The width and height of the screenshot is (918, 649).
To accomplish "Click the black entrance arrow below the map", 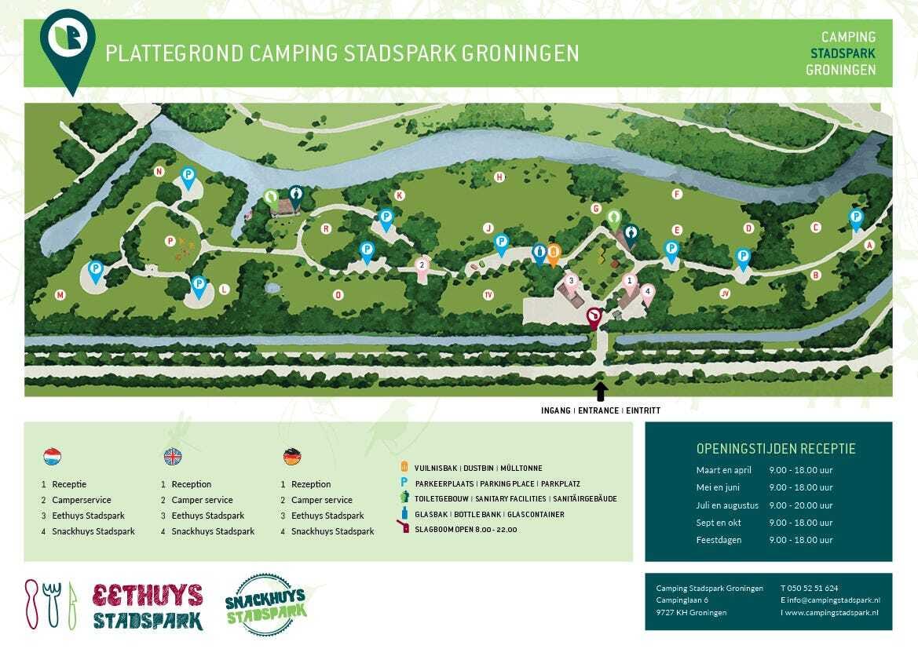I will coord(601,391).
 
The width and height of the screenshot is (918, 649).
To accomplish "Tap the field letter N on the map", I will coord(159,172).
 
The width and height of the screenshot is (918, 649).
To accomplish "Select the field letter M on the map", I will coord(60,295).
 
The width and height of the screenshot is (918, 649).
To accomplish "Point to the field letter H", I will coord(499,177).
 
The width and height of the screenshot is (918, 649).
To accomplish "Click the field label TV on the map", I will coord(488,295).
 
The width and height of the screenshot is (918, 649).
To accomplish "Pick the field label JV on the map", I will coord(725,294).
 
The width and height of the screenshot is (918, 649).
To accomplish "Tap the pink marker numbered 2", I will coord(422,264).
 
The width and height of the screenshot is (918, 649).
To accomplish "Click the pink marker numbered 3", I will coord(572,280).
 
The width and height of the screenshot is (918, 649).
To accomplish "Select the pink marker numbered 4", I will coord(647,290).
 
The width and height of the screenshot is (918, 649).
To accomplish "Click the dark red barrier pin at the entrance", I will coord(594,317).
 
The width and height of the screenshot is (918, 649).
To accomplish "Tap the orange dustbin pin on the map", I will coord(554,253).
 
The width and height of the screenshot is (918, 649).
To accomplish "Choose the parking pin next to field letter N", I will coord(188,176).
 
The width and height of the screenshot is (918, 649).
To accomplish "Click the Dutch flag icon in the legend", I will coord(53,457).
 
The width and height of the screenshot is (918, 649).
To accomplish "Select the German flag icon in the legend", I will coord(292,457).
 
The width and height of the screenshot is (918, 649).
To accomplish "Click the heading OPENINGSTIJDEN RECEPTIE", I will coord(776,449).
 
